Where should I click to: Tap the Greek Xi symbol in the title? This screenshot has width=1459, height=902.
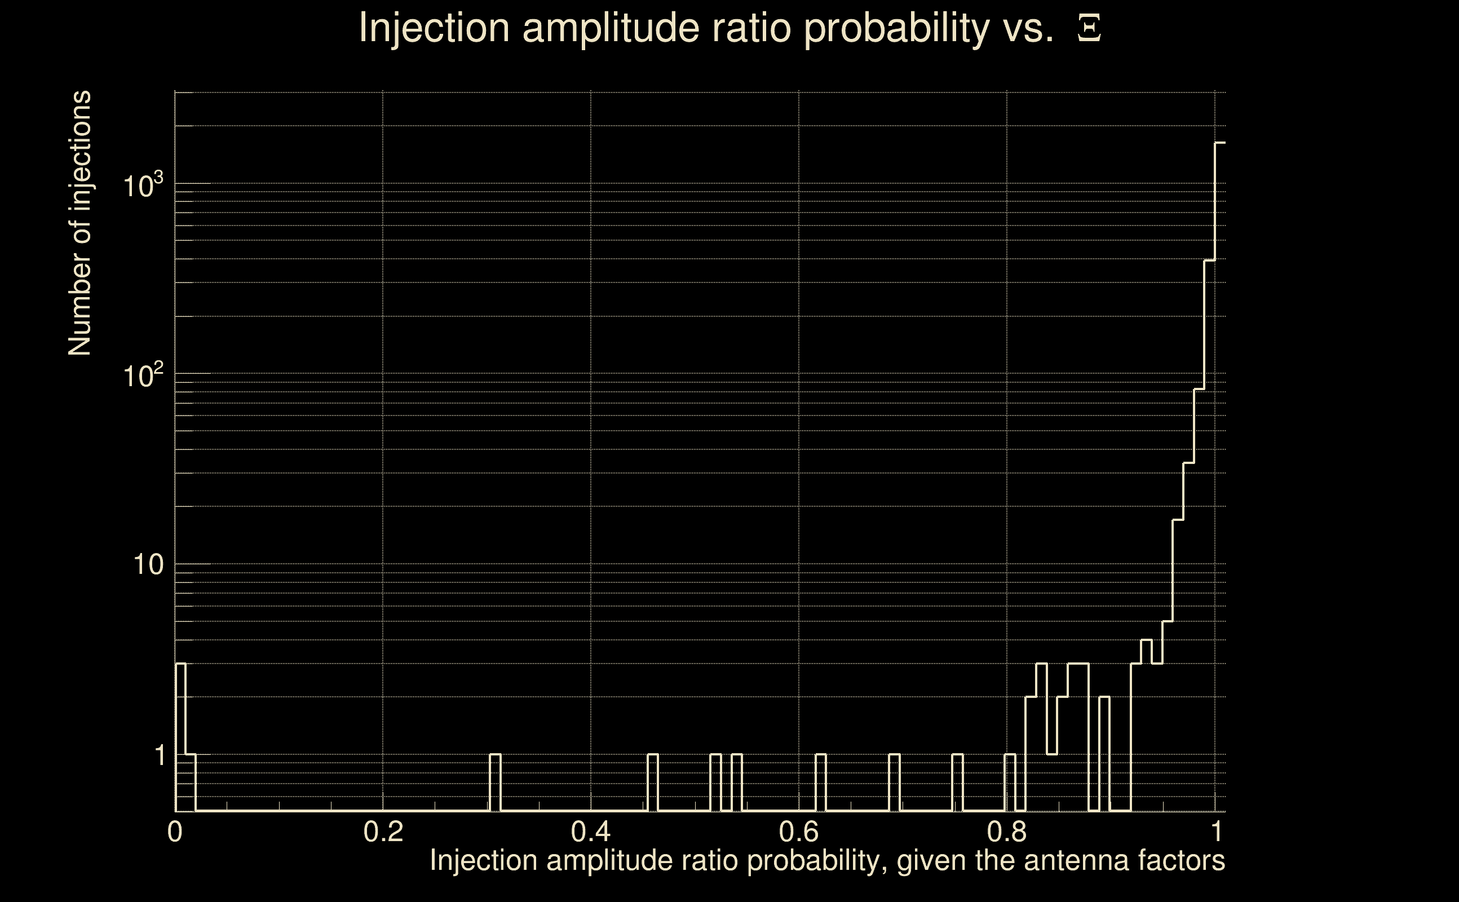1089,28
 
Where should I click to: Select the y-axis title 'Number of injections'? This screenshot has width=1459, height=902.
79,223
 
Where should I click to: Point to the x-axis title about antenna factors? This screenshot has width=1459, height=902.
826,860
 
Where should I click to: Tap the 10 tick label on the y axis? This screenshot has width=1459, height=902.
148,564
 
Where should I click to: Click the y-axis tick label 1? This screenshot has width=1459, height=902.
160,755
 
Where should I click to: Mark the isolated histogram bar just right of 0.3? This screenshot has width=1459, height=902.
495,782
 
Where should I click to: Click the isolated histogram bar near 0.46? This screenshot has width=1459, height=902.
653,782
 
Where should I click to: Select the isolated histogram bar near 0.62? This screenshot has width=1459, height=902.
821,782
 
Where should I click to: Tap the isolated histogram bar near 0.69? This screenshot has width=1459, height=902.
894,782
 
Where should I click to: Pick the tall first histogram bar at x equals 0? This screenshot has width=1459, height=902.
181,737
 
